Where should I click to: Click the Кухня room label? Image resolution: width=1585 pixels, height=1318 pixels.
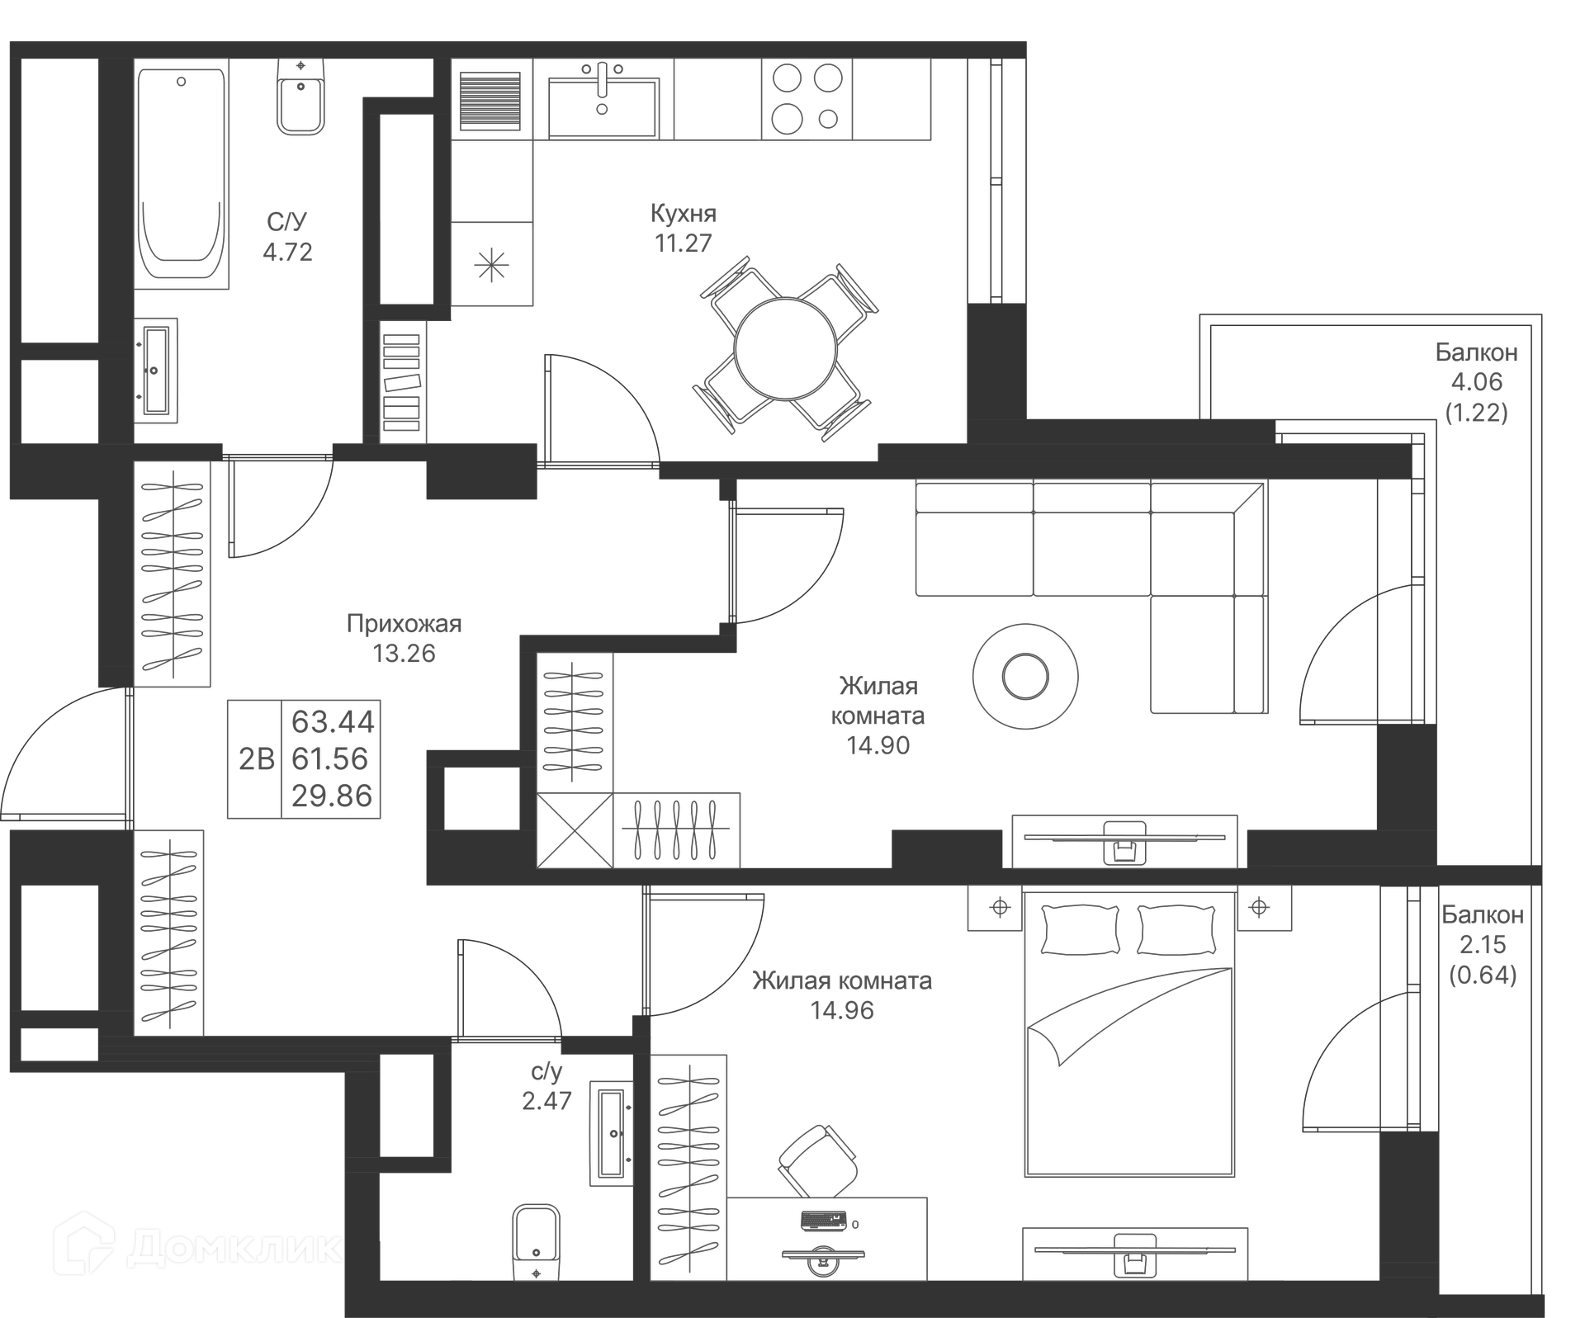(683, 214)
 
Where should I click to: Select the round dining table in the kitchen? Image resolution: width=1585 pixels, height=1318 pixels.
(786, 349)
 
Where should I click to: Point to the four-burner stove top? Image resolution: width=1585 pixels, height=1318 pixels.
(806, 99)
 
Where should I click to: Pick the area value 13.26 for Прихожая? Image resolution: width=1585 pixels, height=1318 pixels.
(404, 654)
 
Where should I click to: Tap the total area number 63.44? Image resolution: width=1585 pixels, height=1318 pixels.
(333, 722)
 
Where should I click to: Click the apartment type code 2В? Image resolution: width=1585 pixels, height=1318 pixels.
(256, 759)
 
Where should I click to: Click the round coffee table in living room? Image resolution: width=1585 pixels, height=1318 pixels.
(1024, 677)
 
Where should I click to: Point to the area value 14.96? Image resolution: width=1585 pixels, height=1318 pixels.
(841, 1011)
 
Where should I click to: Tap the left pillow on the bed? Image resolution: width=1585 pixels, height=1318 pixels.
(1081, 929)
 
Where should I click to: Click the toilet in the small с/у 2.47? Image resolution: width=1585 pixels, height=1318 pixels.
(536, 1241)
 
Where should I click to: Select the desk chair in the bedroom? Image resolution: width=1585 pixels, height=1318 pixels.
(817, 1161)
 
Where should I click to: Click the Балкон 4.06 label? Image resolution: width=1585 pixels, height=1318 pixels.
(1476, 353)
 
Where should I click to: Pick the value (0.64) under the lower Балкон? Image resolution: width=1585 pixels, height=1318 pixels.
(1483, 976)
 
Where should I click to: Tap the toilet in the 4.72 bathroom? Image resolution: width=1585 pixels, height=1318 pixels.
(300, 97)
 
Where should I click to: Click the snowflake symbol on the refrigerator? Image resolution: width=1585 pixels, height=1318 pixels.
(491, 265)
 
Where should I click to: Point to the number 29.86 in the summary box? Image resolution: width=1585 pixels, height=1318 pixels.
(332, 796)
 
